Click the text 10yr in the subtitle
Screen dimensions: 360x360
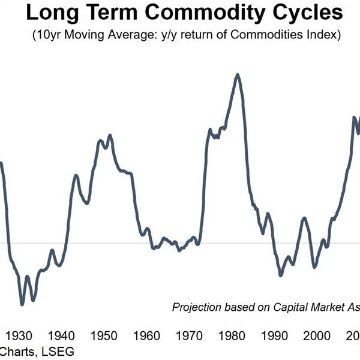point(50,35)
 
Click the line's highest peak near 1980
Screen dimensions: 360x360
point(238,75)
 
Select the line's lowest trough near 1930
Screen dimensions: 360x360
point(22,304)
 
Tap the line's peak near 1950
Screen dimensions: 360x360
point(110,136)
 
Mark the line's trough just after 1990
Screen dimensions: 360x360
point(280,275)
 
